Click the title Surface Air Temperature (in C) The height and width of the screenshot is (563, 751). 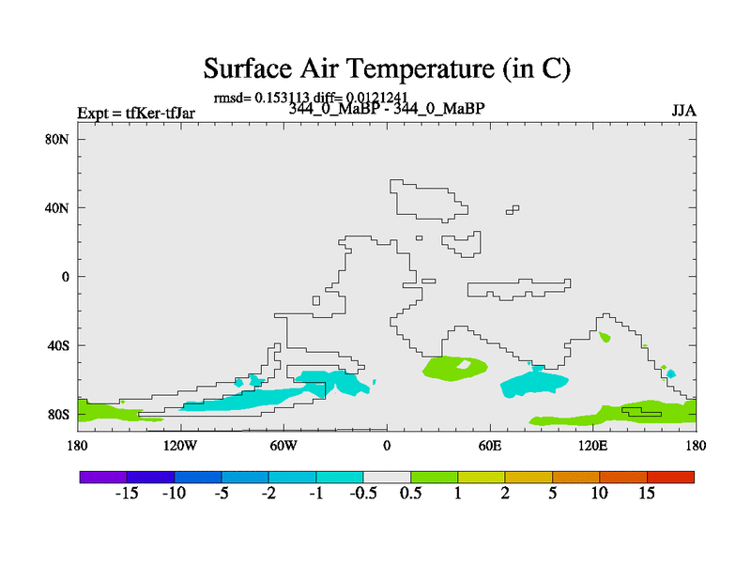[x=387, y=68]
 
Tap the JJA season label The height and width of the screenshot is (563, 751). [x=683, y=111]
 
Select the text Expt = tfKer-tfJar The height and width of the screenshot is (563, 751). [x=136, y=113]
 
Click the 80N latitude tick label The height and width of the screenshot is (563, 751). [x=57, y=139]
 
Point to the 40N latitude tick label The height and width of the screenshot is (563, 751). [x=57, y=208]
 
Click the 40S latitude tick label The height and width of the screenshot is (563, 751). [x=58, y=345]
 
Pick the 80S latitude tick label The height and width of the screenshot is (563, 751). [x=58, y=415]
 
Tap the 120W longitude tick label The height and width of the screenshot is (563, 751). [x=180, y=447]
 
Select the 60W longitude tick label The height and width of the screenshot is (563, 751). [x=284, y=447]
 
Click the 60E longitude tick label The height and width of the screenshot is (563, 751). [x=490, y=447]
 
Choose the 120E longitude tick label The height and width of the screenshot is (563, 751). [x=593, y=447]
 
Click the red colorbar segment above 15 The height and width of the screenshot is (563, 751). [x=670, y=477]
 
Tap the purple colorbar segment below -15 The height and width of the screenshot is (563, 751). [x=103, y=477]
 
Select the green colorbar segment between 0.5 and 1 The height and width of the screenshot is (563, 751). [x=435, y=477]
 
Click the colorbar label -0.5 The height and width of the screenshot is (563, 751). [x=363, y=494]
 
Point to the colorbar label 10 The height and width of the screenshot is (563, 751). [x=600, y=494]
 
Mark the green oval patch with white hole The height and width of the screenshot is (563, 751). [x=454, y=368]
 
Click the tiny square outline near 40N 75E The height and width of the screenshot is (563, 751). [x=513, y=209]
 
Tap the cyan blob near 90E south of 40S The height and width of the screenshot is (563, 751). [x=533, y=383]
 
